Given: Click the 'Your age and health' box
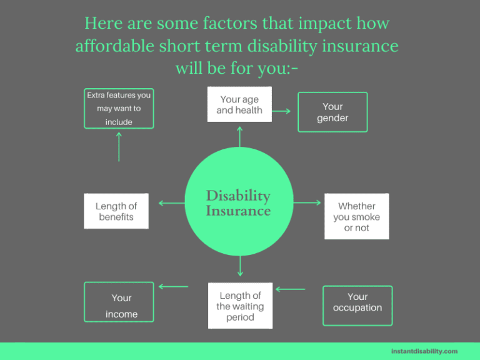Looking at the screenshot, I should click(x=239, y=104).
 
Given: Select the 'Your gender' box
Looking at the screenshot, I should click(x=332, y=112).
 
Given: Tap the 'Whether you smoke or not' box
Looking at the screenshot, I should click(x=356, y=216).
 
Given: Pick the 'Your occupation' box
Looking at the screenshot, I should click(x=357, y=306).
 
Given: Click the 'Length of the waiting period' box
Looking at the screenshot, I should click(x=240, y=306).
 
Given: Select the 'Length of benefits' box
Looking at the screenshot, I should click(x=116, y=211).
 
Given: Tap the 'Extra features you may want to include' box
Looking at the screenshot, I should click(x=119, y=108).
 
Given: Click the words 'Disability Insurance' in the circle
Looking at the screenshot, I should click(x=238, y=203).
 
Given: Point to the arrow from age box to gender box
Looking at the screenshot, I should click(x=281, y=111).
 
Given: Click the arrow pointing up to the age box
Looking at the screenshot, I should click(x=239, y=136).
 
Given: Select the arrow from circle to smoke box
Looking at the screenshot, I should click(x=307, y=202).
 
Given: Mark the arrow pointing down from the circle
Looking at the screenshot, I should click(x=240, y=266).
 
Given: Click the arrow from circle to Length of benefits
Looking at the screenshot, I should click(x=171, y=202).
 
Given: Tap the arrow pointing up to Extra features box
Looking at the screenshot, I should click(x=119, y=146).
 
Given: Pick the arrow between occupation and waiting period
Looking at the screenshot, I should click(x=291, y=289).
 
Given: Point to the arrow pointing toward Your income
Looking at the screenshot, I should click(x=173, y=287).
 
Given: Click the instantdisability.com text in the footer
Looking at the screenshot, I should click(x=424, y=351).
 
